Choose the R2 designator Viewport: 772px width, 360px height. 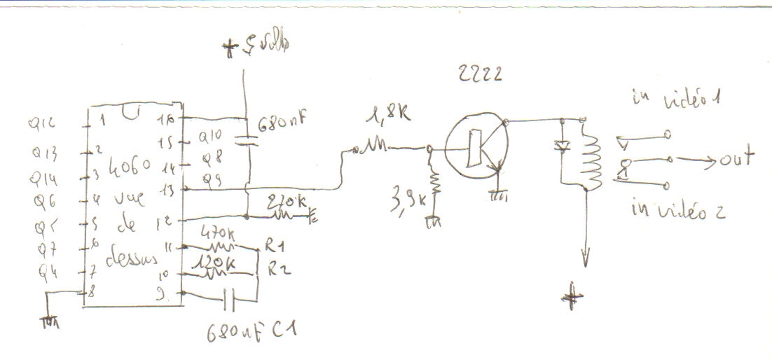pos(272,270)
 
